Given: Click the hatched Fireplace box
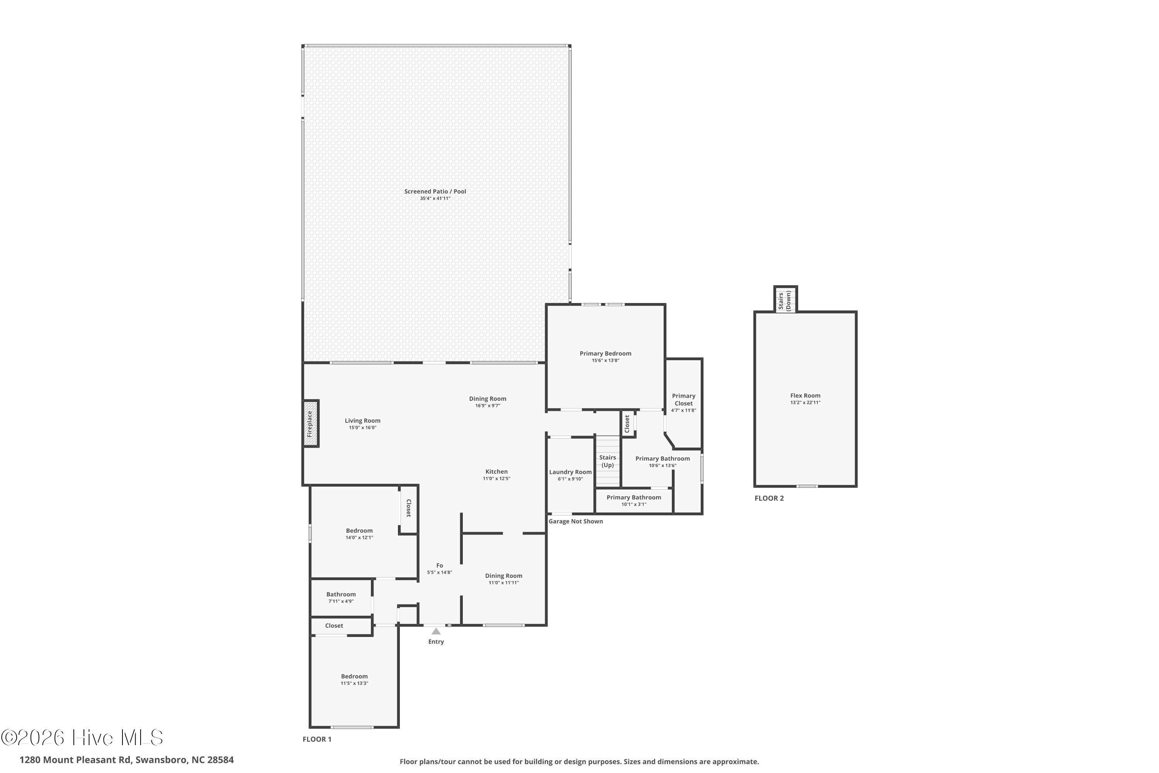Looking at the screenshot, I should pyautogui.click(x=311, y=424).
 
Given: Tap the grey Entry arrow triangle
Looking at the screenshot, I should pyautogui.click(x=436, y=631).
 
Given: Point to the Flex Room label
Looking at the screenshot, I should pyautogui.click(x=805, y=395).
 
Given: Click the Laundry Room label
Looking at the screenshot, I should pyautogui.click(x=570, y=472).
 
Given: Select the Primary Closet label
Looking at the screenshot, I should pyautogui.click(x=683, y=399).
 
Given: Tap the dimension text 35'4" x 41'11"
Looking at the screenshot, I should pyautogui.click(x=435, y=199).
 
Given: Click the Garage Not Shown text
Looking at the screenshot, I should pyautogui.click(x=576, y=521).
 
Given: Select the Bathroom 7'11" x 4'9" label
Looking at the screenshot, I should pyautogui.click(x=341, y=594).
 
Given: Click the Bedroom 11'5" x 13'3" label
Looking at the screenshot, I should pyautogui.click(x=354, y=676).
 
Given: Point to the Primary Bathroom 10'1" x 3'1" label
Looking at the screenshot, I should pyautogui.click(x=634, y=497).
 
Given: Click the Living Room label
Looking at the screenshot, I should pyautogui.click(x=363, y=421).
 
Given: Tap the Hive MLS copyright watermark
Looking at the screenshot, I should pyautogui.click(x=82, y=738).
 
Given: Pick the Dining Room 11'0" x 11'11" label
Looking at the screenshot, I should pyautogui.click(x=504, y=576).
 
